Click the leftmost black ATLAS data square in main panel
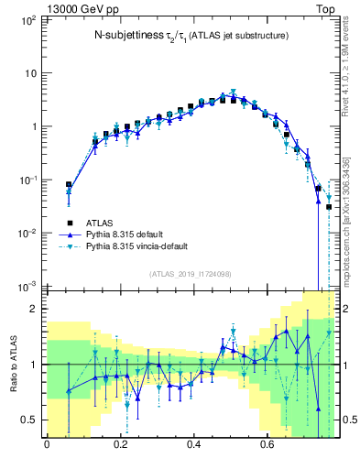pyautogui.click(x=69, y=185)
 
